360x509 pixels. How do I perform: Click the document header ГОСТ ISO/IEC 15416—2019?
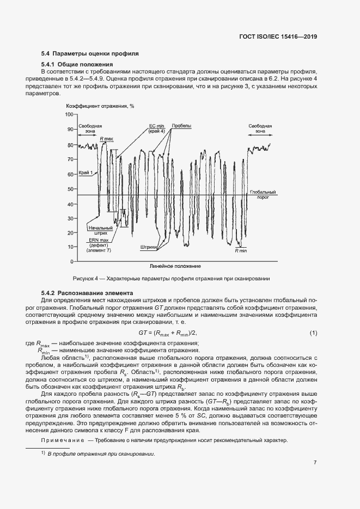(278, 36)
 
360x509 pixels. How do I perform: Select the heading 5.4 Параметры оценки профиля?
(90, 54)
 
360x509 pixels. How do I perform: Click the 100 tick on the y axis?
(69, 115)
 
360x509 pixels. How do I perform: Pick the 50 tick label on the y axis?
(70, 189)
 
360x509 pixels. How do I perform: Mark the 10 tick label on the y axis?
(70, 247)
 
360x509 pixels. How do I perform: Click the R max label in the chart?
(106, 139)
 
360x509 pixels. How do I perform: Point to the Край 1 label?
(86, 172)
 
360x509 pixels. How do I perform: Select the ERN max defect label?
(100, 244)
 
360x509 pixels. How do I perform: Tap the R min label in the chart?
(240, 251)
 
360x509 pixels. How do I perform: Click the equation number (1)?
(313, 333)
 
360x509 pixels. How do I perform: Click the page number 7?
(315, 462)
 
